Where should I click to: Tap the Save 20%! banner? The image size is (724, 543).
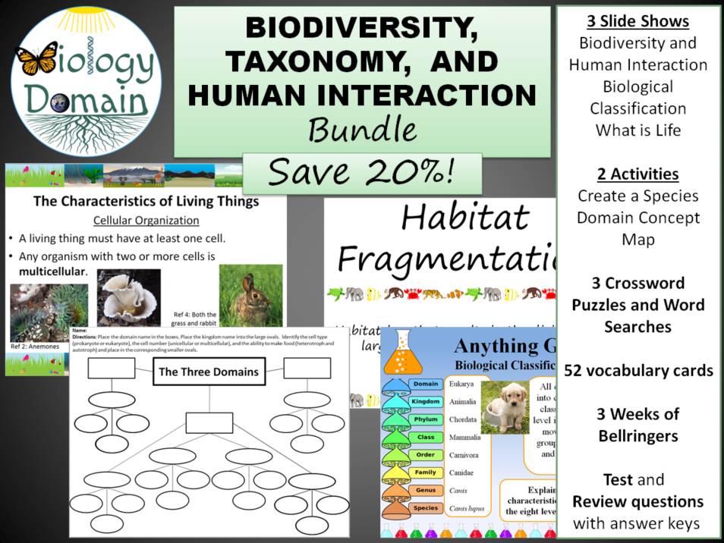(x=362, y=172)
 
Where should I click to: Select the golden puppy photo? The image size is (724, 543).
(x=505, y=406)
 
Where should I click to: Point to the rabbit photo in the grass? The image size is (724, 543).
(x=250, y=299)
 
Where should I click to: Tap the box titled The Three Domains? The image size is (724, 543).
(x=209, y=372)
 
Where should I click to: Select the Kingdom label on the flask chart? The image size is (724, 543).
(x=426, y=401)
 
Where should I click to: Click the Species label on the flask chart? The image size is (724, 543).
(x=426, y=507)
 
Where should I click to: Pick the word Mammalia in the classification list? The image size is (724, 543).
(x=464, y=437)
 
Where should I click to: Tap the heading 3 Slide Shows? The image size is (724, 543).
(x=637, y=20)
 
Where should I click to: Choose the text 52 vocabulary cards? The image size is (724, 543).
(x=638, y=370)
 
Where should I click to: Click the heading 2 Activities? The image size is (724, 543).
(x=637, y=174)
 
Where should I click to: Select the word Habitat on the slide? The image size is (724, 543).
(x=465, y=218)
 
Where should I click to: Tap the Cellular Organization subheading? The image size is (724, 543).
(x=146, y=221)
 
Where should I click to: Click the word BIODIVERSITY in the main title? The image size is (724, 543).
(x=362, y=29)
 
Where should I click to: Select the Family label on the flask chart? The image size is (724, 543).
(x=426, y=472)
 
